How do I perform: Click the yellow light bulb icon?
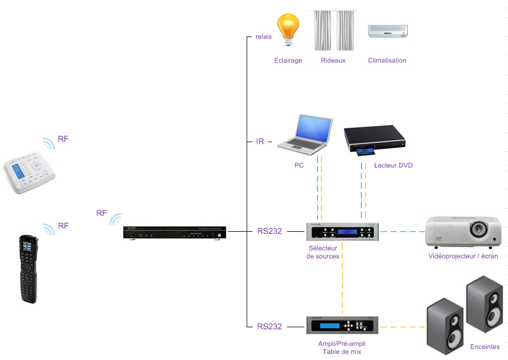pyautogui.click(x=288, y=31)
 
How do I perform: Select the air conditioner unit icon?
pyautogui.click(x=388, y=31)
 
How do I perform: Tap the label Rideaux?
pyautogui.click(x=333, y=61)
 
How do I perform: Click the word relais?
pyautogui.click(x=263, y=37)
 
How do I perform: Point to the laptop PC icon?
pyautogui.click(x=305, y=134)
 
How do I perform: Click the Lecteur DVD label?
pyautogui.click(x=393, y=165)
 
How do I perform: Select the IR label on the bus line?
pyautogui.click(x=260, y=141)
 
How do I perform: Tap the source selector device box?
pyautogui.click(x=342, y=231)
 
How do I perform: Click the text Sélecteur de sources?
pyautogui.click(x=323, y=252)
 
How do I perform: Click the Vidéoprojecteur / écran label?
pyautogui.click(x=463, y=256)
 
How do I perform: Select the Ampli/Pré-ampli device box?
pyautogui.click(x=342, y=325)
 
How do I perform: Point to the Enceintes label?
pyautogui.click(x=485, y=347)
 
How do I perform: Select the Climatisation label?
pyautogui.click(x=387, y=61)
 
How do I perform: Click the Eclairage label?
pyautogui.click(x=288, y=61)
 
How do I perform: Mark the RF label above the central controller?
pyautogui.click(x=101, y=213)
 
